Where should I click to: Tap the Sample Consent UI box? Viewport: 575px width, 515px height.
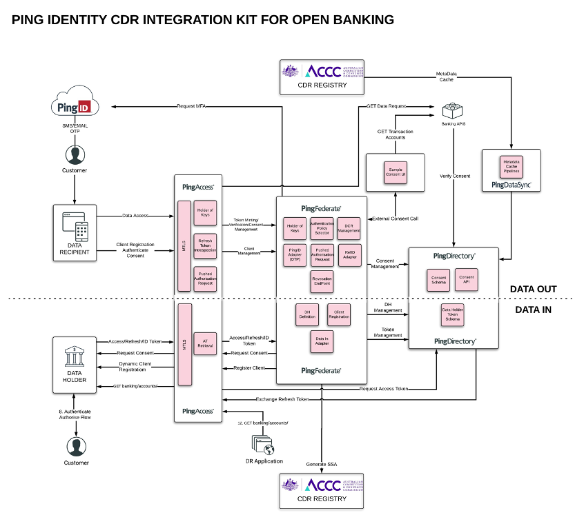point(396,172)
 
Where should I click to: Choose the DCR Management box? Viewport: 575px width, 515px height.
point(349,228)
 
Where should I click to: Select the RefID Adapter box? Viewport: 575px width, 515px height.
point(349,254)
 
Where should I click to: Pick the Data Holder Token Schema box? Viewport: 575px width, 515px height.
point(451,315)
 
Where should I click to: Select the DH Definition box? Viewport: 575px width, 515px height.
point(306,314)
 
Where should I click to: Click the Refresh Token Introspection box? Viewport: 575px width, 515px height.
point(205,244)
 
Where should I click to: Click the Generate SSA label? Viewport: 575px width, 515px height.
point(322,464)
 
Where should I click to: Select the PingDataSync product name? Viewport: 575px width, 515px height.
point(511,185)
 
